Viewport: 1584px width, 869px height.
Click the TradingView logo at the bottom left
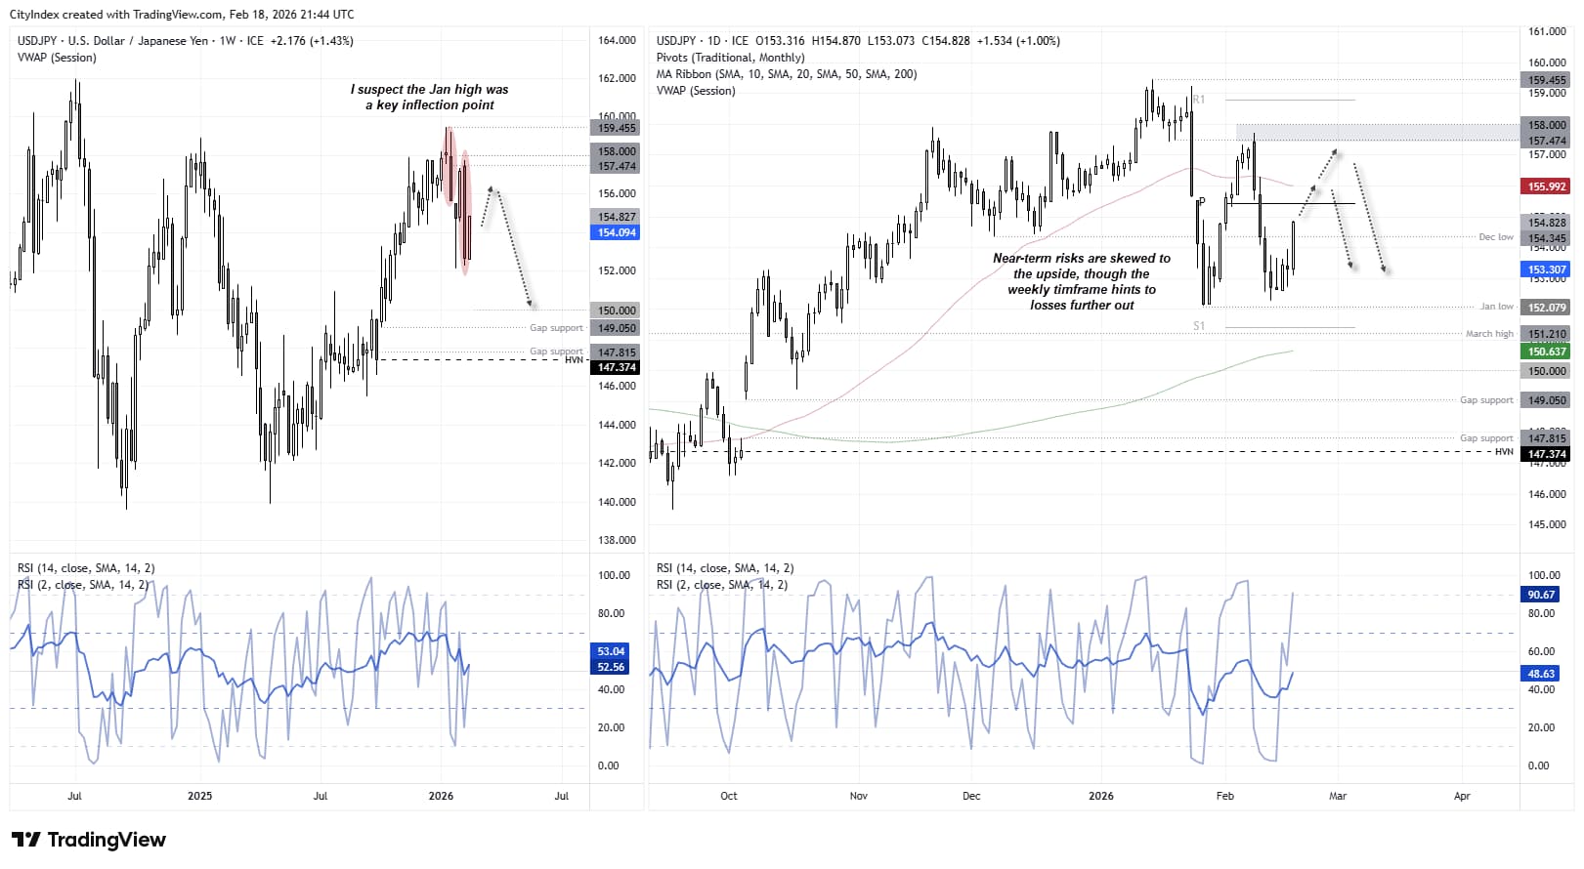(x=89, y=840)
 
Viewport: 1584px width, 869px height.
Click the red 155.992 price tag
(x=1546, y=186)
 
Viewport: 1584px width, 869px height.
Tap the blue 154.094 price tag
(x=617, y=232)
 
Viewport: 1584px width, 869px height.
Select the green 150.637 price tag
(x=1546, y=352)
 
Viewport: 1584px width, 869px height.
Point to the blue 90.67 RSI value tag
(x=1541, y=595)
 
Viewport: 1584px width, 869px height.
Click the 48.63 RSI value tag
(x=1541, y=674)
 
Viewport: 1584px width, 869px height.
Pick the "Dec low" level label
(x=1495, y=237)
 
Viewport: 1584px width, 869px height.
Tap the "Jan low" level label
(x=1495, y=307)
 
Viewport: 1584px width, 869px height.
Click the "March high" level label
(x=1488, y=334)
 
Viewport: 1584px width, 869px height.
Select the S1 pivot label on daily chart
(x=1199, y=326)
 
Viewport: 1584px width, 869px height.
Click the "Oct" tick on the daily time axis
(x=729, y=796)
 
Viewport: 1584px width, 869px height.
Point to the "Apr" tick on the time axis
(x=1462, y=796)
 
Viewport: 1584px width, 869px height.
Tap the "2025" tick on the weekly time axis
(x=199, y=796)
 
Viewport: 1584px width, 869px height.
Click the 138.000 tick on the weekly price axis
(x=617, y=540)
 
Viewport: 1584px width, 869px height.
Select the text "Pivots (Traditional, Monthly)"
(x=730, y=58)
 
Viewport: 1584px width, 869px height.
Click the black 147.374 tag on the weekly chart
(x=617, y=367)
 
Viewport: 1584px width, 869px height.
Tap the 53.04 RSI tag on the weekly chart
(x=611, y=651)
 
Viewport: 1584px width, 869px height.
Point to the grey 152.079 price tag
(x=1546, y=308)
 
